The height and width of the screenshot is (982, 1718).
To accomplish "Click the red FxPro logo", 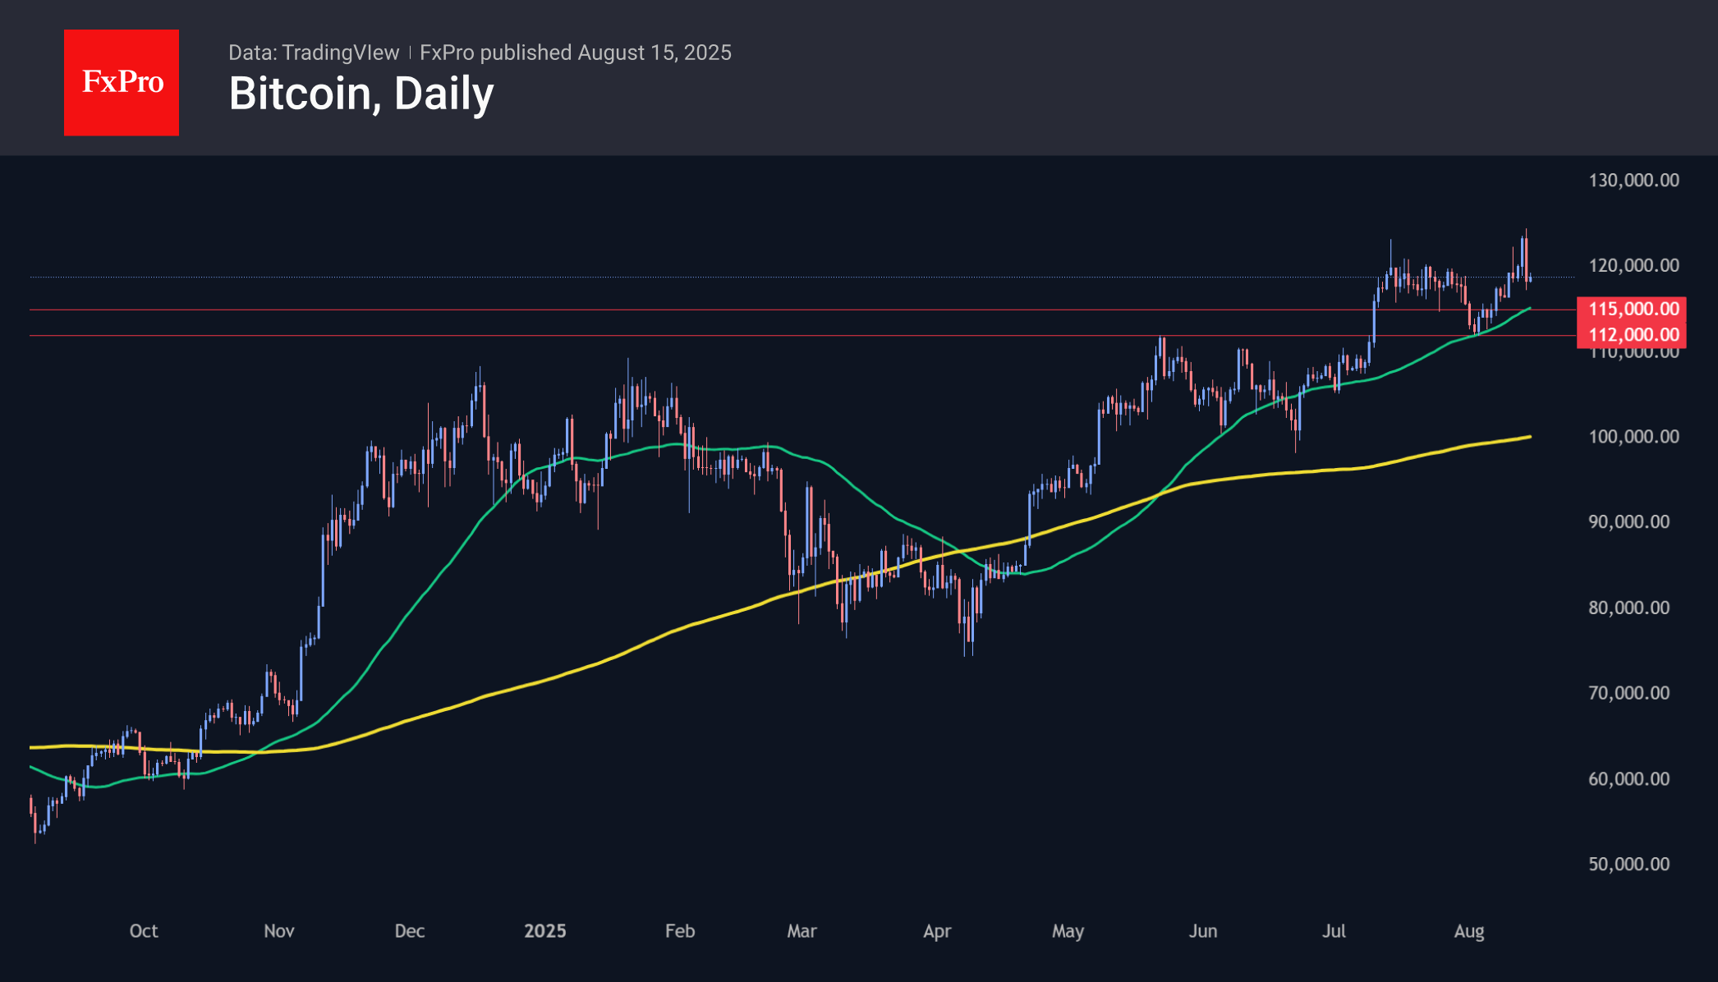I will coord(122,82).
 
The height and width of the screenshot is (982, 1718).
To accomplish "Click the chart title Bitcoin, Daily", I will coord(361,94).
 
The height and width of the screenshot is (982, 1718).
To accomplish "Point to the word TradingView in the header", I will coord(340,53).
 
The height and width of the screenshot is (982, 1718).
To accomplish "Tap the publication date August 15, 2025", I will coord(654,53).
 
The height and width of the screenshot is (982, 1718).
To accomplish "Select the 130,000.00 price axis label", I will coord(1633,181).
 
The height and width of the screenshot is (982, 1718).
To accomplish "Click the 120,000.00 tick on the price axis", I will coord(1633,266).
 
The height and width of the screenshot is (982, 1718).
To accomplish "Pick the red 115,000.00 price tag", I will coord(1632,309).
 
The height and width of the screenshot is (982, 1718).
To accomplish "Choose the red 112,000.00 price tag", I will coord(1632,335).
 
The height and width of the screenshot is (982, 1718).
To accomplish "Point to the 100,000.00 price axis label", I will coord(1633,437).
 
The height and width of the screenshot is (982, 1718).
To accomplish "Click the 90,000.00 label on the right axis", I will coord(1628,522).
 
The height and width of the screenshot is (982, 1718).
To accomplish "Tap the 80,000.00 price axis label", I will coord(1628,608).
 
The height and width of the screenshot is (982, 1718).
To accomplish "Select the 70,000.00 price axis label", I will coord(1628,694).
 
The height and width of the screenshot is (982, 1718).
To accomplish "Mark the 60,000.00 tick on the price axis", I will coord(1628,779).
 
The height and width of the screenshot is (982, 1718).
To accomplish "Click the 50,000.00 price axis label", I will coord(1628,865).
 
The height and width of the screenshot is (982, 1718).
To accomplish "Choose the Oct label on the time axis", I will coord(144,931).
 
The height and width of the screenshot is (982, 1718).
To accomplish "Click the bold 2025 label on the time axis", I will coord(545,931).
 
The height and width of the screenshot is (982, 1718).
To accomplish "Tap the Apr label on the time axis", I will coord(937,931).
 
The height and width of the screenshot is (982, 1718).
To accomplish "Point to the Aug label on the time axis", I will coord(1469,931).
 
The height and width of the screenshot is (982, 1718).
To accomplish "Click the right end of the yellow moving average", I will coord(1530,437).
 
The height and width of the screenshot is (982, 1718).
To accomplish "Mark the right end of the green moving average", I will coord(1530,309).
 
